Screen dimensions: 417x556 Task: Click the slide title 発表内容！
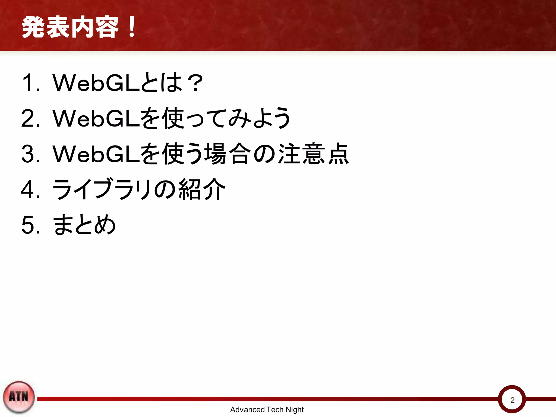coord(79,27)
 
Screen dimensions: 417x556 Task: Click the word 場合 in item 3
coord(227,154)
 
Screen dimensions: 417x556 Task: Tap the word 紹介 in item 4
coord(202,189)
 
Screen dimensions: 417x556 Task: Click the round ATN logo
coord(19,397)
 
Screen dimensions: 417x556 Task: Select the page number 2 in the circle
coord(512,400)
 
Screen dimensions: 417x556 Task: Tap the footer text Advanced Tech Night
coord(267,409)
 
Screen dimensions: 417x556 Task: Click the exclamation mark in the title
coord(132,27)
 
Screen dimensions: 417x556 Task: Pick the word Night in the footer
coord(295,409)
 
